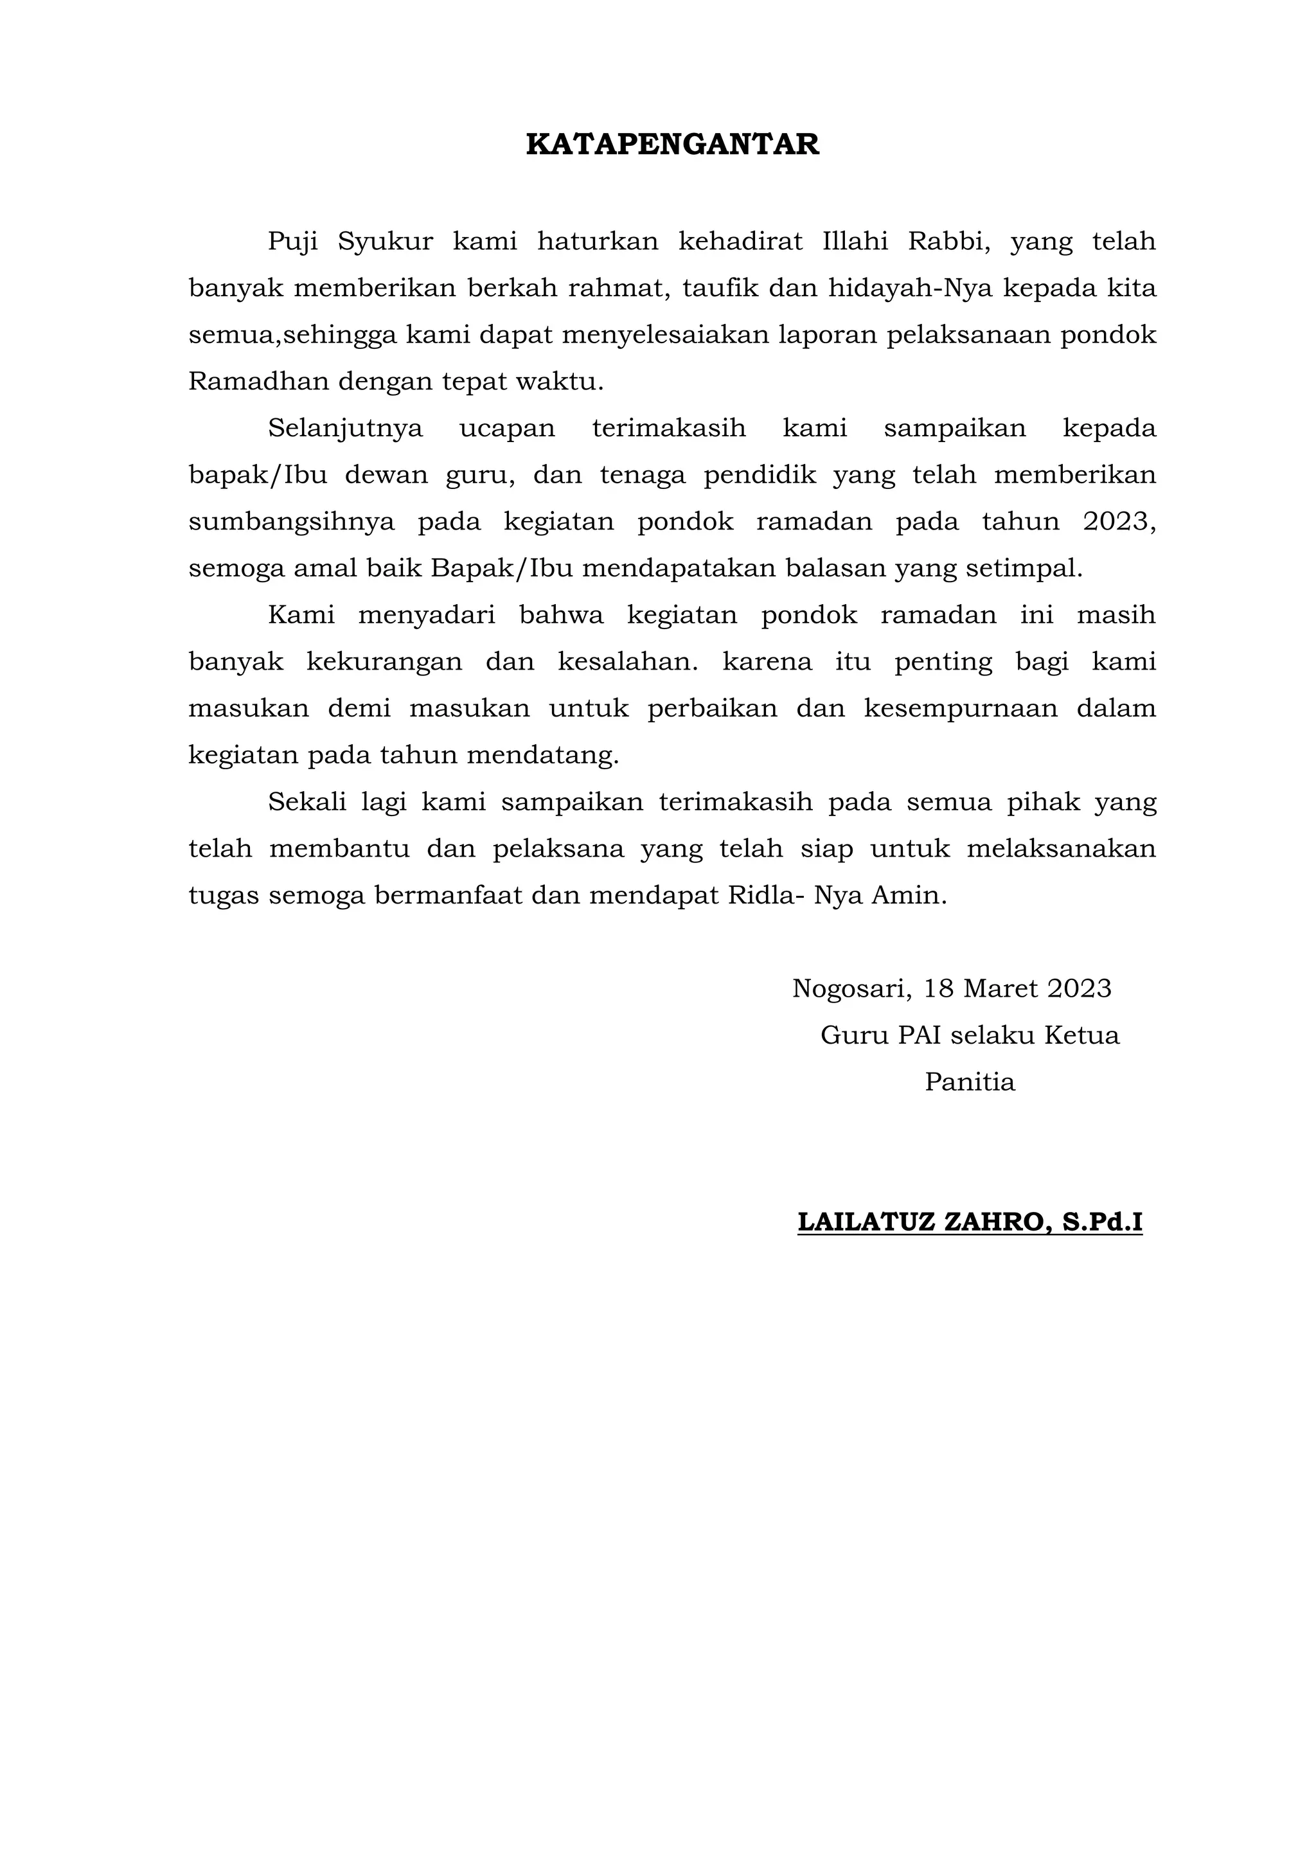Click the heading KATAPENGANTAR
coord(673,145)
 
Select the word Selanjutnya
coord(345,428)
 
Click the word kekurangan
coord(384,663)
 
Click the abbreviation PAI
coord(920,1036)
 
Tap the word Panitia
coord(970,1083)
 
